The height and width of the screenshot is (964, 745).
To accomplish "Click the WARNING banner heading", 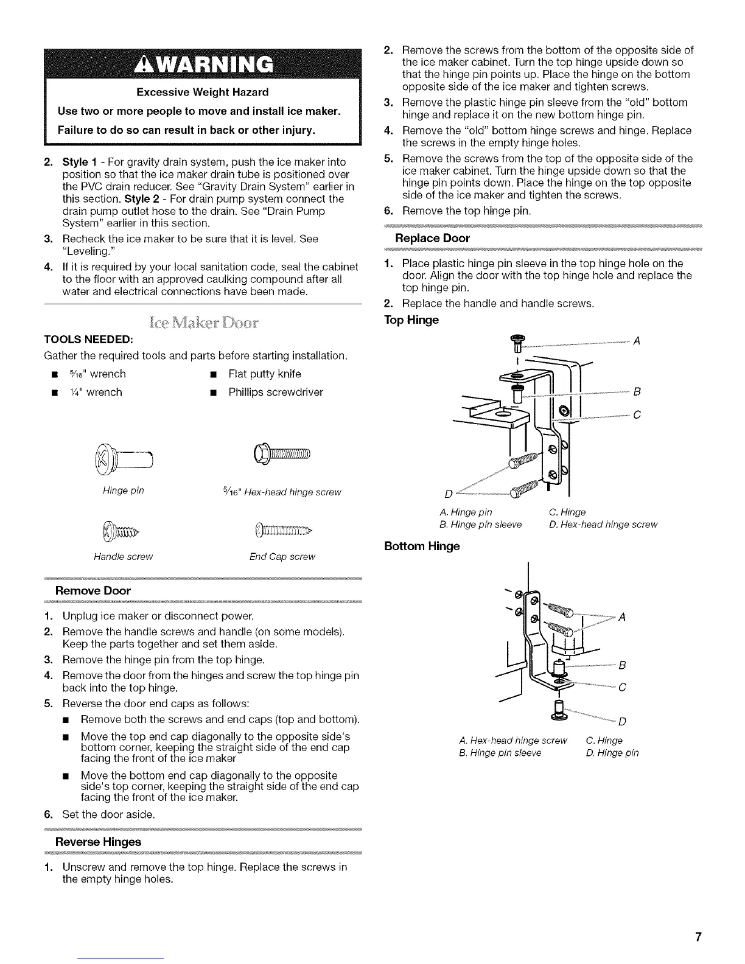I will (203, 63).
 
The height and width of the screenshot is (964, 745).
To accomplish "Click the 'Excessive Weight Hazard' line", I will (203, 93).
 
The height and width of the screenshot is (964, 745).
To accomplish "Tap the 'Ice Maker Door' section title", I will (203, 322).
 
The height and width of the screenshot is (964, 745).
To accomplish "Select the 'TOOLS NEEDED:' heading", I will (89, 338).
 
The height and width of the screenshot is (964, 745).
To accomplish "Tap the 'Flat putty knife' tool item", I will (264, 374).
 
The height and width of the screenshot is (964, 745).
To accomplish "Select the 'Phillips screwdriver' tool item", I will (275, 393).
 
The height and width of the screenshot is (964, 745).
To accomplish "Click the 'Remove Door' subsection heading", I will (93, 590).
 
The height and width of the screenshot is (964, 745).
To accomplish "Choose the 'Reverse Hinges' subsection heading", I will (98, 842).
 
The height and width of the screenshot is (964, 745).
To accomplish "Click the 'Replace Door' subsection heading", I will (432, 237).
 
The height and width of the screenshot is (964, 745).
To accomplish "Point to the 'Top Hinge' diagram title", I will (411, 320).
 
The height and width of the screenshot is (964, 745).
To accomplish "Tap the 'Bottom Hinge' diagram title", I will (422, 546).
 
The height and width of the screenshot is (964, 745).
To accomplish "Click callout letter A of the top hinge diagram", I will (635, 341).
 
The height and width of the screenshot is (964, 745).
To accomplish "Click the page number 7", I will (699, 937).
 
